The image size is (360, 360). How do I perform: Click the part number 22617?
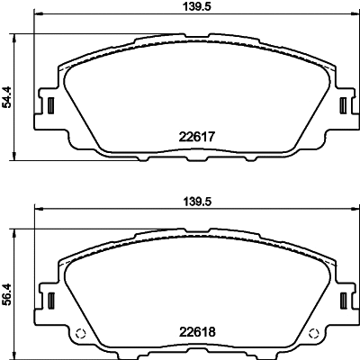197,137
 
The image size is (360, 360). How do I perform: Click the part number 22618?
197,332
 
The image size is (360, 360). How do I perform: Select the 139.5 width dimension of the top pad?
197,6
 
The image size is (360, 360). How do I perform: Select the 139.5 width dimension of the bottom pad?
197,202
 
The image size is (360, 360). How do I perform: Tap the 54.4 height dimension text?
6,96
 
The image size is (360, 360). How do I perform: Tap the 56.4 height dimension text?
6,294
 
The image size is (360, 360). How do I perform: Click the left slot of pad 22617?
50,105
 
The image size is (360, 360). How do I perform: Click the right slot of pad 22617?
343,105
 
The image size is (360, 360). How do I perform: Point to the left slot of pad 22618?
50,301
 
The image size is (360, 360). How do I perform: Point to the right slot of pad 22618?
343,301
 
